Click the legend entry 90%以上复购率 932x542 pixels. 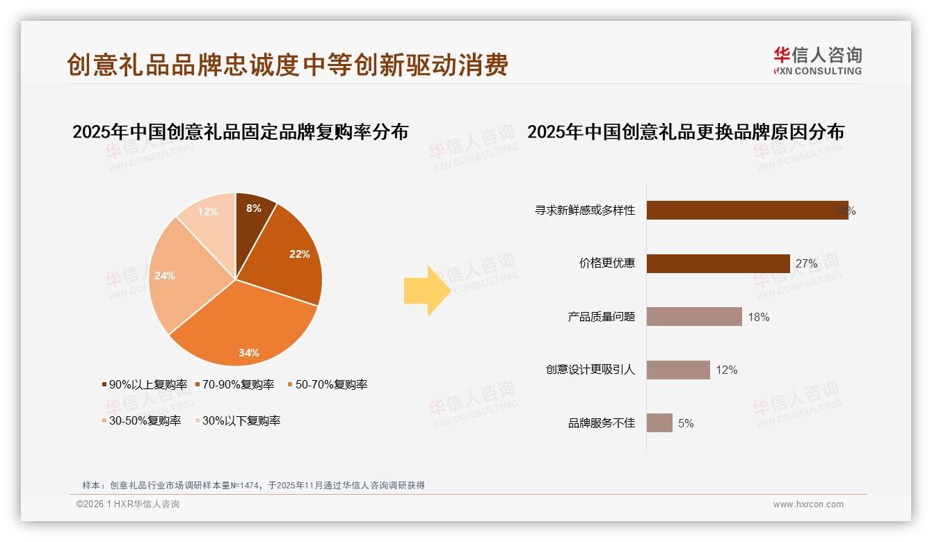[145, 384]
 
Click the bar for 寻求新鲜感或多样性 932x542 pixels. [747, 211]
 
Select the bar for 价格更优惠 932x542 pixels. [718, 263]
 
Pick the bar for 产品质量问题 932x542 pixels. [694, 317]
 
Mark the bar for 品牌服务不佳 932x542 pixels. [659, 423]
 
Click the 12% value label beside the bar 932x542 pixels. [727, 370]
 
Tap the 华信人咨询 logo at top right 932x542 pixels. [817, 61]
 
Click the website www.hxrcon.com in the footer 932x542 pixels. [808, 504]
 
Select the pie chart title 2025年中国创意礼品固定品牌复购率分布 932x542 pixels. [240, 131]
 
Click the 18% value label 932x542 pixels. [759, 318]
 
